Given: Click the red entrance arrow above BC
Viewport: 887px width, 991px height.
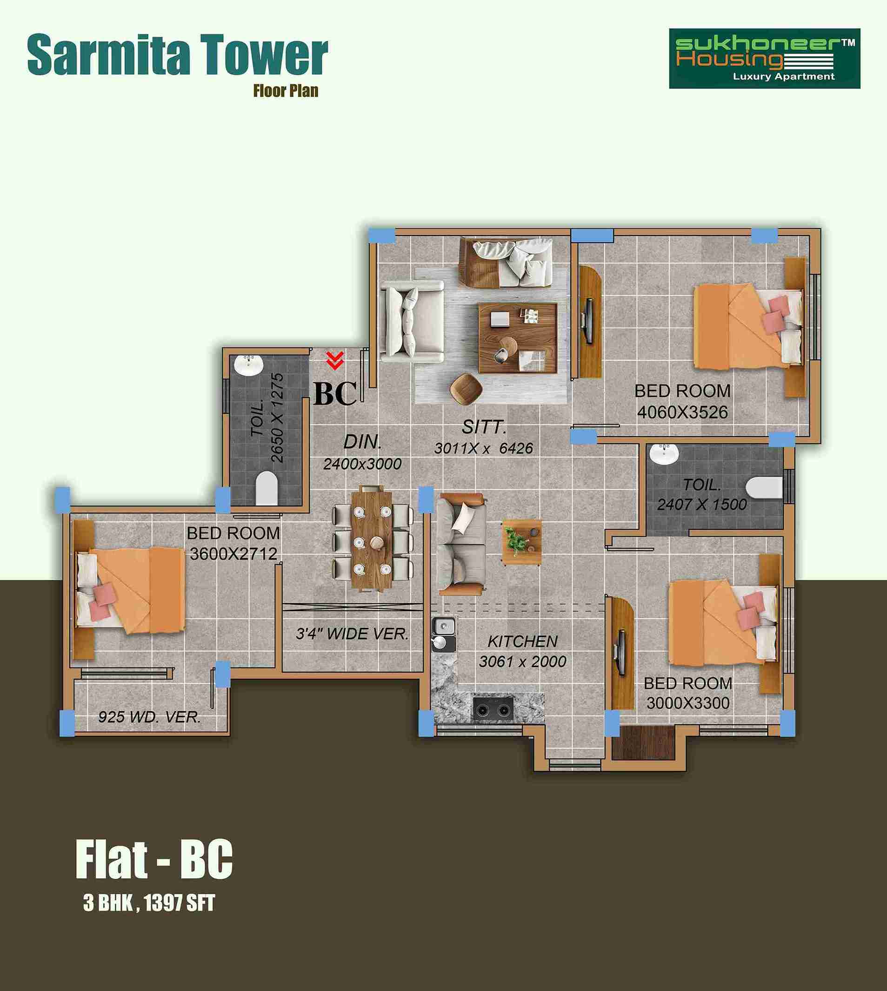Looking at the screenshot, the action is pos(335,360).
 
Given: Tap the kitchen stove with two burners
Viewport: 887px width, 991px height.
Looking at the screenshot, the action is pos(494,708).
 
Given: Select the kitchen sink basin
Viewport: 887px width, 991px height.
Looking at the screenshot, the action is pos(444,626).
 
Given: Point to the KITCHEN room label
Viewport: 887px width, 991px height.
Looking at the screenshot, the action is pos(522,641).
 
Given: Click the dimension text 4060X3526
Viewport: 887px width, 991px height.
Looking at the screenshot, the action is pos(682,412).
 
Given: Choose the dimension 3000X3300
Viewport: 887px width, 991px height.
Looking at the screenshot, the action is pos(687,703).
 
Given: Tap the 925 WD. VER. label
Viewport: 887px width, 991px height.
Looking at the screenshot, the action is pos(150,717).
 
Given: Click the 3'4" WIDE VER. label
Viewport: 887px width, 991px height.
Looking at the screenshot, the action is pos(353,634).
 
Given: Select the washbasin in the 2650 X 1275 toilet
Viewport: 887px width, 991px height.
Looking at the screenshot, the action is pos(248,366).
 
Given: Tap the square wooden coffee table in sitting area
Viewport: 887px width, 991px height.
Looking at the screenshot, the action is pos(517,338).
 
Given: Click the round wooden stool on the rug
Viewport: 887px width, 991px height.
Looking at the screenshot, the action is pos(466,389).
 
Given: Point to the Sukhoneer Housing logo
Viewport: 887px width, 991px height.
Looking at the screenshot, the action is pos(764,59).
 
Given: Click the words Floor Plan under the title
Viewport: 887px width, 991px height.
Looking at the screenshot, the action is pos(286,91).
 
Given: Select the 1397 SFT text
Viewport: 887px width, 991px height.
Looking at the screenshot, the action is pos(180,903).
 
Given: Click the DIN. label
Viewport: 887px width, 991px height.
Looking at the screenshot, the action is pos(363,442).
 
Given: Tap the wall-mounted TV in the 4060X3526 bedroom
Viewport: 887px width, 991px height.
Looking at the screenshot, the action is pos(588,320).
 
